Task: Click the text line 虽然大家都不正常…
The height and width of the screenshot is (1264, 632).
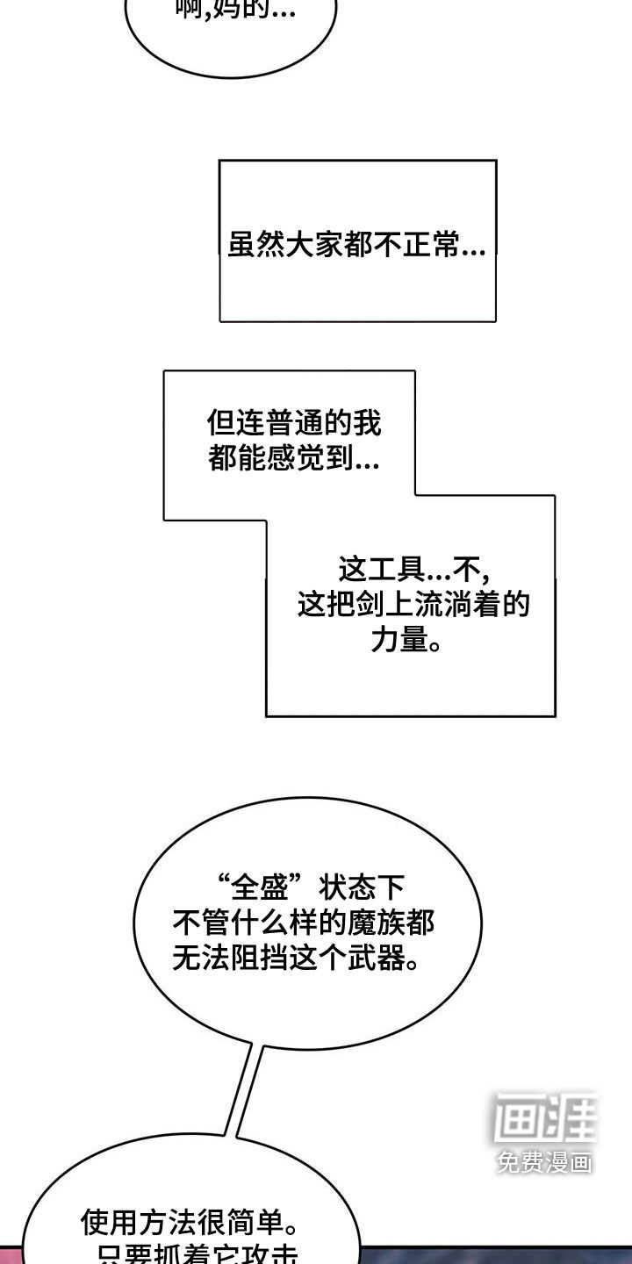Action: click(356, 245)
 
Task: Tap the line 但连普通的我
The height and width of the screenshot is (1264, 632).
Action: click(294, 425)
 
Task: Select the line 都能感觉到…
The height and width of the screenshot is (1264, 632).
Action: click(294, 459)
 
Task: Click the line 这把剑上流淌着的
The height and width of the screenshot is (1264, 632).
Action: click(413, 606)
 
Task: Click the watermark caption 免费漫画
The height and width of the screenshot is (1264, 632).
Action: click(543, 1163)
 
